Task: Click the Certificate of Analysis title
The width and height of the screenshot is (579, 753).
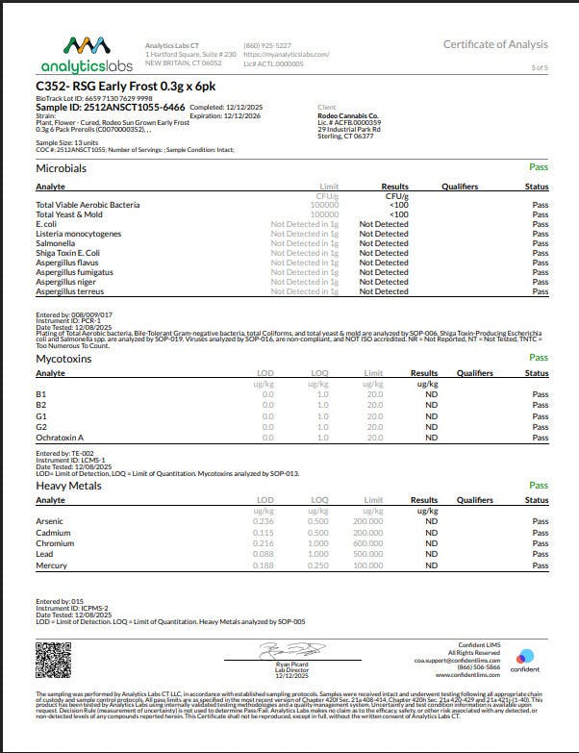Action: click(495, 44)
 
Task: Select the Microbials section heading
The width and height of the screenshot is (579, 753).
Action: click(61, 167)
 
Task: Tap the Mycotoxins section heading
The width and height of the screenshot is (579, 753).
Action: click(63, 358)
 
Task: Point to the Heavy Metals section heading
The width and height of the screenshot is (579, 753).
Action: click(68, 486)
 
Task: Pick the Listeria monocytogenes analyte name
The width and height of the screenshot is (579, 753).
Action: click(78, 234)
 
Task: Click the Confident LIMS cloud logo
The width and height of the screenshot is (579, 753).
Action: click(524, 657)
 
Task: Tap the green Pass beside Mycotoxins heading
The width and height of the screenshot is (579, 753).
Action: click(539, 358)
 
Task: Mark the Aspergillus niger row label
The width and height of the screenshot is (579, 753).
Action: click(64, 282)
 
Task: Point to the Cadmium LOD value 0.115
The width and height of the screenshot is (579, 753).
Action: click(263, 534)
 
